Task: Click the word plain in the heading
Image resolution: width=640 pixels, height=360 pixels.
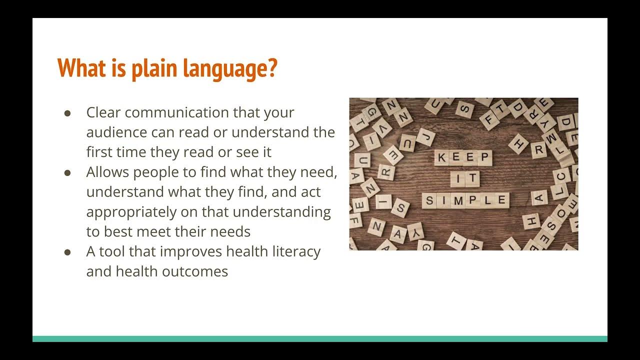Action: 154,68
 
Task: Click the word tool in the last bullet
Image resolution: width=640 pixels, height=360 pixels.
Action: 112,251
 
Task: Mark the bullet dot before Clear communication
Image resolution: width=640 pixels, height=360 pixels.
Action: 68,113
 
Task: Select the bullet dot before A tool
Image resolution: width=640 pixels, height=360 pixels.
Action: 68,251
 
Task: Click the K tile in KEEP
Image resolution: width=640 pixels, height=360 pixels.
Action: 441,158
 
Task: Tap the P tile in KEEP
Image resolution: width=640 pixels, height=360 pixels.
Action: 484,158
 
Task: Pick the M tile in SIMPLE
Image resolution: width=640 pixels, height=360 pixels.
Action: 459,201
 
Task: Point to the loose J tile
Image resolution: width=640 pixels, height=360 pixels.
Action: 425,136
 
